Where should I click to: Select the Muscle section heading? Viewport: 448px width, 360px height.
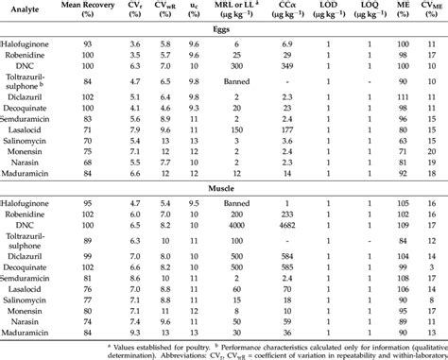(x=223, y=188)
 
